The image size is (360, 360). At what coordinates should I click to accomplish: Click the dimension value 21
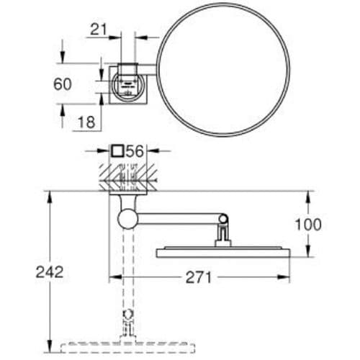(x=99, y=30)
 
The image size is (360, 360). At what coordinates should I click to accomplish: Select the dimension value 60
(x=63, y=84)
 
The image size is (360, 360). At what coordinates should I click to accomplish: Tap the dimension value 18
(x=86, y=122)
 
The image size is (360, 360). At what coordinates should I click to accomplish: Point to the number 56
(x=135, y=151)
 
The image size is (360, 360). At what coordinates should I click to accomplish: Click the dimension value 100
(x=308, y=225)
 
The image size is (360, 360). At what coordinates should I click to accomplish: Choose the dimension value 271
(x=199, y=277)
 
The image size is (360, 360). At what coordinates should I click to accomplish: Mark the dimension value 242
(x=50, y=272)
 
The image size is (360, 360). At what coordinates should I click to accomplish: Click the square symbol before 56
(x=118, y=151)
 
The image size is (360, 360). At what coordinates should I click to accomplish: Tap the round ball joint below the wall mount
(x=127, y=219)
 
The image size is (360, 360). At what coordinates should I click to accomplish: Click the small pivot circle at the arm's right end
(x=223, y=219)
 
